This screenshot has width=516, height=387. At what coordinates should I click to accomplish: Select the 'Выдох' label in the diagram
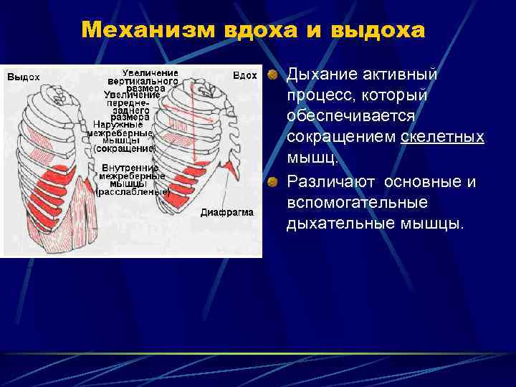pos(23,77)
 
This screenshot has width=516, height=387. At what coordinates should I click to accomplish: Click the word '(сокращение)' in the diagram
pos(125,148)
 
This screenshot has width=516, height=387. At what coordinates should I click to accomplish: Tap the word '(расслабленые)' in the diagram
pos(133,192)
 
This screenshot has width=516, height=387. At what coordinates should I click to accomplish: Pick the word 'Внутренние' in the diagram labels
pos(130,168)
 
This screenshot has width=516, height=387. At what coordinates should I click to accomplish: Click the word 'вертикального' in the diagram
pos(144,82)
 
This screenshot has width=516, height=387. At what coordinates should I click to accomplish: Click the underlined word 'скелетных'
pos(442,137)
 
